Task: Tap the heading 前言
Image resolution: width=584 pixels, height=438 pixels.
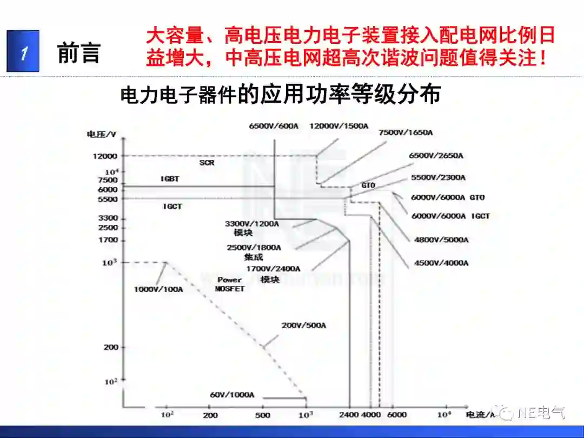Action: click(x=79, y=53)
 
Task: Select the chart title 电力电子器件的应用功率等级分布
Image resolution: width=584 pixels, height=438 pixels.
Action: click(x=281, y=95)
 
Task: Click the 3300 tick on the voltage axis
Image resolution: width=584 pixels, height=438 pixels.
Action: click(x=107, y=218)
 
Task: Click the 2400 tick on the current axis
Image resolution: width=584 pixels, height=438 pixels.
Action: click(x=350, y=415)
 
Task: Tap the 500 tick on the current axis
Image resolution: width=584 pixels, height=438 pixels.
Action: click(x=263, y=415)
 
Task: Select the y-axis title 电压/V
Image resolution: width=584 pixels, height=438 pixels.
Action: click(x=102, y=134)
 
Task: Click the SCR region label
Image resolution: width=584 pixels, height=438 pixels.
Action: click(x=207, y=162)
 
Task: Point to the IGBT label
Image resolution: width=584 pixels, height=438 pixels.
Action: click(x=170, y=178)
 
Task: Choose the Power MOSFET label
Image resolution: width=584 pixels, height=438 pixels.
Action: click(x=230, y=284)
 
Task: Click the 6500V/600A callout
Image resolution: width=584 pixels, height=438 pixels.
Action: click(x=274, y=126)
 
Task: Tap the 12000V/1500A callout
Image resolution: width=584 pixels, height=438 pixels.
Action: click(x=339, y=126)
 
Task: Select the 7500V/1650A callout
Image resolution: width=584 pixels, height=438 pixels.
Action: click(x=406, y=132)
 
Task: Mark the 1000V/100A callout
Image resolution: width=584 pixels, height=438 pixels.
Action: click(x=158, y=289)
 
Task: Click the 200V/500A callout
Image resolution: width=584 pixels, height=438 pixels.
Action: click(x=304, y=326)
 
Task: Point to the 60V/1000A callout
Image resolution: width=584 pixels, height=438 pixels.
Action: click(x=232, y=394)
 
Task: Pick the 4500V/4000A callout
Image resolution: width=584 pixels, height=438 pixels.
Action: click(x=441, y=263)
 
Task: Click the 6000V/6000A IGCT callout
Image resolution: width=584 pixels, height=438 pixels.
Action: click(x=450, y=216)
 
